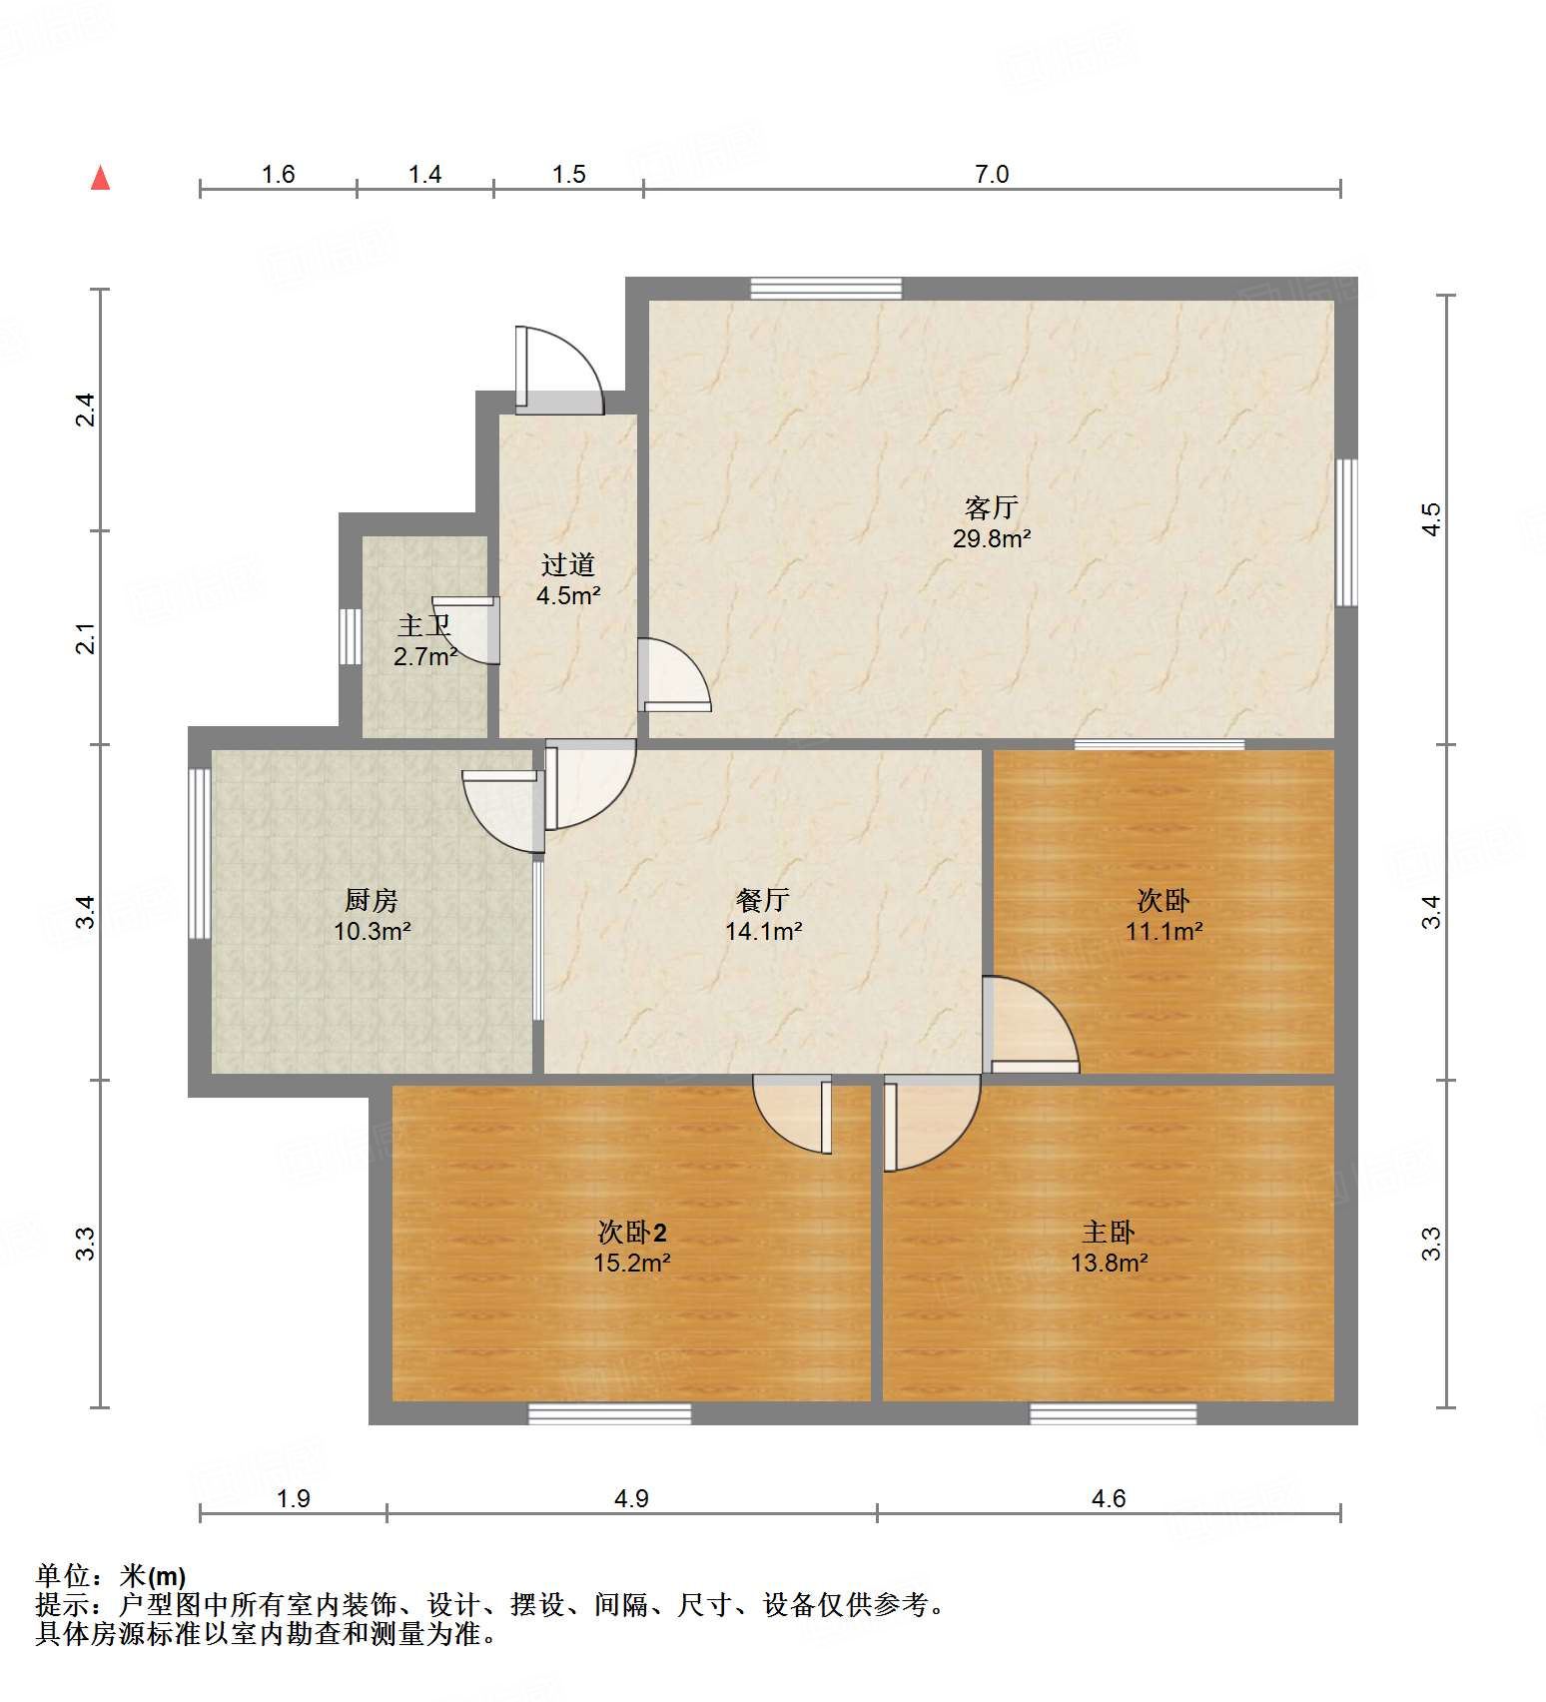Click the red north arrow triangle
[x=100, y=178]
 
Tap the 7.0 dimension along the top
[x=991, y=175]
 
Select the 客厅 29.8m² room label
[x=991, y=522]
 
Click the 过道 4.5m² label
[x=568, y=580]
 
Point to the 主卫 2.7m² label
[x=424, y=641]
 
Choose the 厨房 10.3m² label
[x=372, y=916]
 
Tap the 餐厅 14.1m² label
[x=763, y=916]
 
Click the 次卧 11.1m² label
[x=1163, y=916]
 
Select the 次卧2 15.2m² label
[x=631, y=1248]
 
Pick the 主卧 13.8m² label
[x=1109, y=1248]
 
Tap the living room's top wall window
[x=826, y=289]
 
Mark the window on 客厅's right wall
[x=1346, y=532]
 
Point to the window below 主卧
[x=1113, y=1413]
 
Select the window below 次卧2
[x=609, y=1413]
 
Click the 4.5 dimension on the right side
[x=1432, y=519]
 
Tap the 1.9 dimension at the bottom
[x=293, y=1498]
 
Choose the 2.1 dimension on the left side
[x=87, y=638]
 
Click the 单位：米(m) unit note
[x=111, y=1576]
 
